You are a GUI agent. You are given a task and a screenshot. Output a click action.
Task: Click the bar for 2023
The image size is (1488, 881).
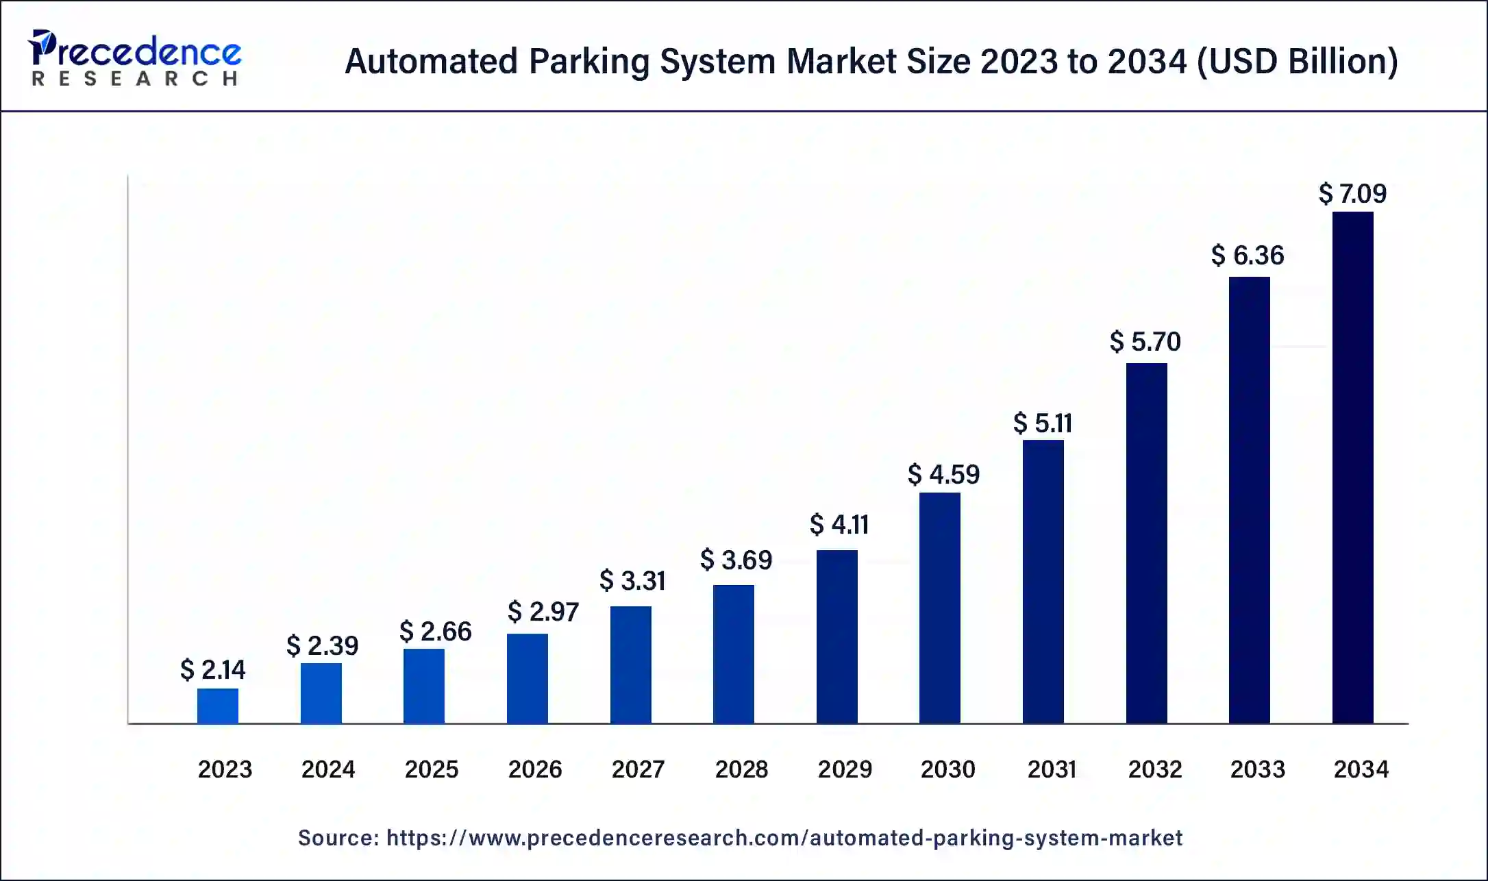(218, 706)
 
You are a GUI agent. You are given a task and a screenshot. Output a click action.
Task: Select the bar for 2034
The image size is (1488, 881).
(1352, 467)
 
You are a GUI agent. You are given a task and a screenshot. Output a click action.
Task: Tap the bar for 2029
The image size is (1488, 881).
(836, 636)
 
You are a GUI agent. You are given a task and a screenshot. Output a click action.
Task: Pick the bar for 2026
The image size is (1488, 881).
(527, 678)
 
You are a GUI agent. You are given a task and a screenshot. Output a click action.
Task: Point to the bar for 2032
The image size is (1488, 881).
(1146, 543)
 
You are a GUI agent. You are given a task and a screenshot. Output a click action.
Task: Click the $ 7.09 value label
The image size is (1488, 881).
(1352, 194)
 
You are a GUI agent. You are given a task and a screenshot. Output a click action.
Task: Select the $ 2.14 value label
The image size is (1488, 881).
(212, 669)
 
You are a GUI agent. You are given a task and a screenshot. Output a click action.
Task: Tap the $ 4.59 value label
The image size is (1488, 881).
(943, 474)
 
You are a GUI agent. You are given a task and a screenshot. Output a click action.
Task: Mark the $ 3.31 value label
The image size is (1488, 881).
(632, 581)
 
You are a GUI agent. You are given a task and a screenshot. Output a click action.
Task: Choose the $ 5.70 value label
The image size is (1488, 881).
(1145, 341)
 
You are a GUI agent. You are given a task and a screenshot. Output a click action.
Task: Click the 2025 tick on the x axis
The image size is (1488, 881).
(431, 769)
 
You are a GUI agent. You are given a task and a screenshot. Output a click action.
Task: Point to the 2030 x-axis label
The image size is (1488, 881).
(947, 769)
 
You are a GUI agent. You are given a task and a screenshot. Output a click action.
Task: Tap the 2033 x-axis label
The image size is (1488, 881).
(1257, 769)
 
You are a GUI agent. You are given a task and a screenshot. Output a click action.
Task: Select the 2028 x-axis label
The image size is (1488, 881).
(741, 769)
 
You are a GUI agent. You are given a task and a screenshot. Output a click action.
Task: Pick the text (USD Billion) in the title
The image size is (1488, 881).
(1297, 62)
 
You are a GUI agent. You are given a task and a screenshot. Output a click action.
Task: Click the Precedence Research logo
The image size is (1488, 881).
(134, 58)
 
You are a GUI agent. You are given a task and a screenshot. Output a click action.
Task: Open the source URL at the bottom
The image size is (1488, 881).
(784, 838)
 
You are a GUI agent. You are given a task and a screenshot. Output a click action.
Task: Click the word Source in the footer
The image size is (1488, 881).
(338, 838)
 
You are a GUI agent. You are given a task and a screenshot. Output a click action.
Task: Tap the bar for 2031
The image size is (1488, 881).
(1043, 581)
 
